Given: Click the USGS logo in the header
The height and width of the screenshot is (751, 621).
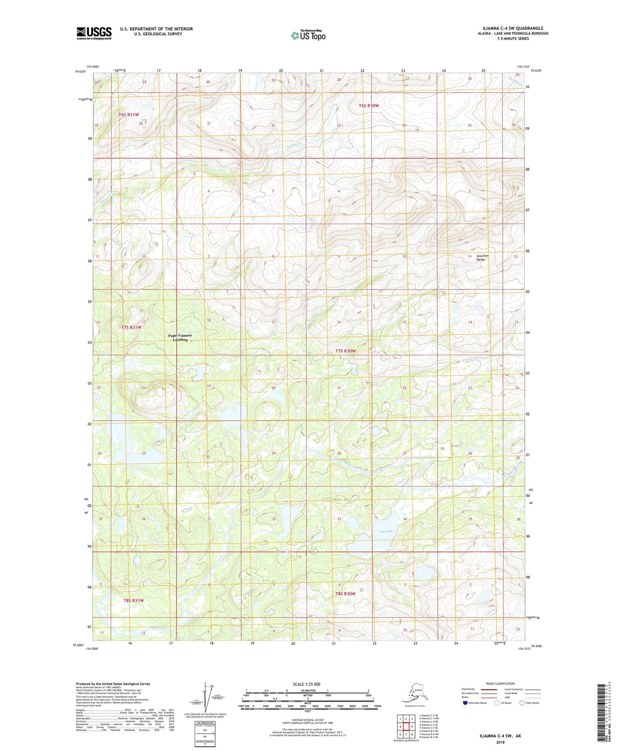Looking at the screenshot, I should pos(94,33).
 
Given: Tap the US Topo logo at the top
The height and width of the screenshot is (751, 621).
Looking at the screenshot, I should pos(308,35).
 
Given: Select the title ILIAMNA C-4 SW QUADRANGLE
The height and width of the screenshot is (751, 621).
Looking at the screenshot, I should pos(509,28).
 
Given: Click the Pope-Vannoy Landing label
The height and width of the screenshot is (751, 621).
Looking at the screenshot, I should pos(180,337).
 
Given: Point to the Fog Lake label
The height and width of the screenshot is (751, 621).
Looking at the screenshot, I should pos(386,531).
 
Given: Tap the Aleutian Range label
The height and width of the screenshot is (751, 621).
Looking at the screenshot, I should pos(482,258).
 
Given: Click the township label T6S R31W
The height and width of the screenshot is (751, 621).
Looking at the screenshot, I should pos(129,115).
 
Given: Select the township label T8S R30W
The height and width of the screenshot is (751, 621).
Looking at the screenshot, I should pos(346,594).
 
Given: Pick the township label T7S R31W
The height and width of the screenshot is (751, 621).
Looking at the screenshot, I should pos(131,327).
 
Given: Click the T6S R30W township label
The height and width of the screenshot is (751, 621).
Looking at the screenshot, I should pos(369,106).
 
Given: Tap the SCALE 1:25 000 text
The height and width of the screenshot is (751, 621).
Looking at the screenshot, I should pos(307,684).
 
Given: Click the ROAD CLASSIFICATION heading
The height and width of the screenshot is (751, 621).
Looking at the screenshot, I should pos(500,683).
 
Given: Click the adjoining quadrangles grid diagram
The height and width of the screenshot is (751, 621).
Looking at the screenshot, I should pos(406,727).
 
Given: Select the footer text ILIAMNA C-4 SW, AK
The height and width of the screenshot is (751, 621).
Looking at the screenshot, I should pos(500,736).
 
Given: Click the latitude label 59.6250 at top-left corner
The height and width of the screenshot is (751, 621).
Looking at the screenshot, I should pos(80,72).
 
